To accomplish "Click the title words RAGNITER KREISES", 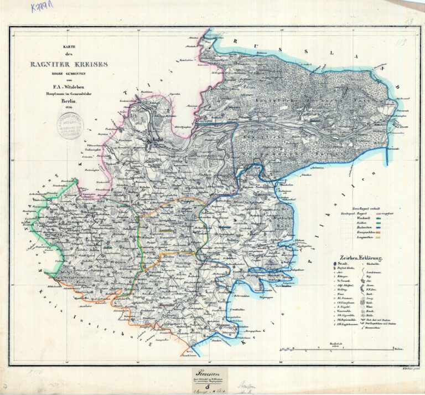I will pos(69,64).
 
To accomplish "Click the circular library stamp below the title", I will pos(70,125).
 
